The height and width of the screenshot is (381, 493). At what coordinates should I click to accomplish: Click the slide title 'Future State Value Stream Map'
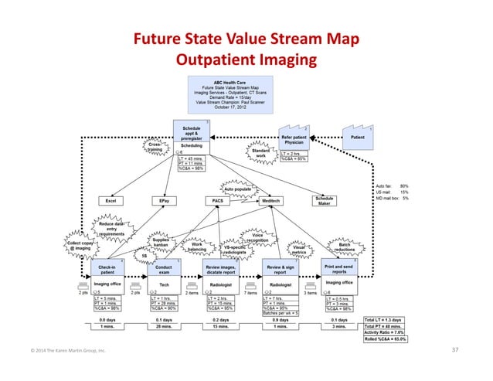click(246, 40)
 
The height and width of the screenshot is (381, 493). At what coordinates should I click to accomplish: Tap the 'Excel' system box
click(111, 200)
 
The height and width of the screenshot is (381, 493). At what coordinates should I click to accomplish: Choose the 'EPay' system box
click(164, 200)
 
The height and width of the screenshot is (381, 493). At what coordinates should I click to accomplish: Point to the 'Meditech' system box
click(270, 200)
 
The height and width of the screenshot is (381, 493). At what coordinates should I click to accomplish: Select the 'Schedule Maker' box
click(324, 201)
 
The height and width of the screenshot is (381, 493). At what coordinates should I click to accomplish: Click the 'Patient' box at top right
click(358, 137)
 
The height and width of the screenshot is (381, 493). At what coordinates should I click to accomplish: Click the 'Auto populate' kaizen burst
click(239, 188)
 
